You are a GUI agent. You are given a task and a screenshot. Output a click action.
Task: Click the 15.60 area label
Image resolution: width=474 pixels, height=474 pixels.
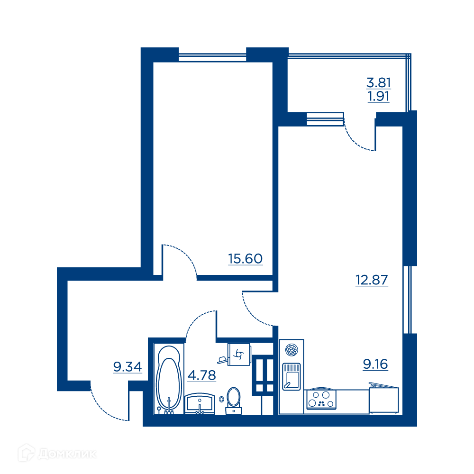[x=245, y=259]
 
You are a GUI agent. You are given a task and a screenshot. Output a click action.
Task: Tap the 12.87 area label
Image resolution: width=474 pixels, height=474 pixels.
[x=372, y=280]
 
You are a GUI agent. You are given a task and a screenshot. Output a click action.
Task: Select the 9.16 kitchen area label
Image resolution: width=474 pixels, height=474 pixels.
[x=375, y=364]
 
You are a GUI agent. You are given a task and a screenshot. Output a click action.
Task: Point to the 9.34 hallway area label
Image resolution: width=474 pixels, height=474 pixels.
[x=127, y=367]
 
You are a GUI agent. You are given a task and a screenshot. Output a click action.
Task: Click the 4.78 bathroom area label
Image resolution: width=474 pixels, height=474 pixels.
[x=201, y=375]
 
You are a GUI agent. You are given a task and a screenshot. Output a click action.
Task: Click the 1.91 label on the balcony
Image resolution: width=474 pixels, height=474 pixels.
[x=378, y=96]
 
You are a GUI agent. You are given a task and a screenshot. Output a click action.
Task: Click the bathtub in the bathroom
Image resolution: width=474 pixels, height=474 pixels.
[x=169, y=379]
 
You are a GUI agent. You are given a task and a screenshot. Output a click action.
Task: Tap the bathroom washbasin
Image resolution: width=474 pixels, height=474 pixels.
[x=200, y=403]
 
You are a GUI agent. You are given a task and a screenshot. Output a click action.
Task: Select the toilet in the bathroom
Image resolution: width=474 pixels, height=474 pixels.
[x=233, y=401]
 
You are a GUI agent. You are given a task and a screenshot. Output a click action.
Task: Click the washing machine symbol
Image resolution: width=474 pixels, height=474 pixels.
[x=239, y=354]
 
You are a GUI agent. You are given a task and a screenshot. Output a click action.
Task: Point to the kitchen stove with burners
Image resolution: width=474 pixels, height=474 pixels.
[x=321, y=399]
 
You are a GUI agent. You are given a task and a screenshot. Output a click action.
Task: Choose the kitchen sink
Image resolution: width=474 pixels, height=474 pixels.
[x=291, y=377]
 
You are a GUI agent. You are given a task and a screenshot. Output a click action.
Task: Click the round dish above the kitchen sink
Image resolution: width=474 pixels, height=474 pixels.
[x=292, y=350]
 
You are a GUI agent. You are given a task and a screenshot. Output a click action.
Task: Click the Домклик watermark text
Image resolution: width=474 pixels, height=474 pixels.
[x=67, y=454]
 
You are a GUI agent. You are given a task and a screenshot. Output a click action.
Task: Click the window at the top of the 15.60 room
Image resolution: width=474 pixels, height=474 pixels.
[x=212, y=57]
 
